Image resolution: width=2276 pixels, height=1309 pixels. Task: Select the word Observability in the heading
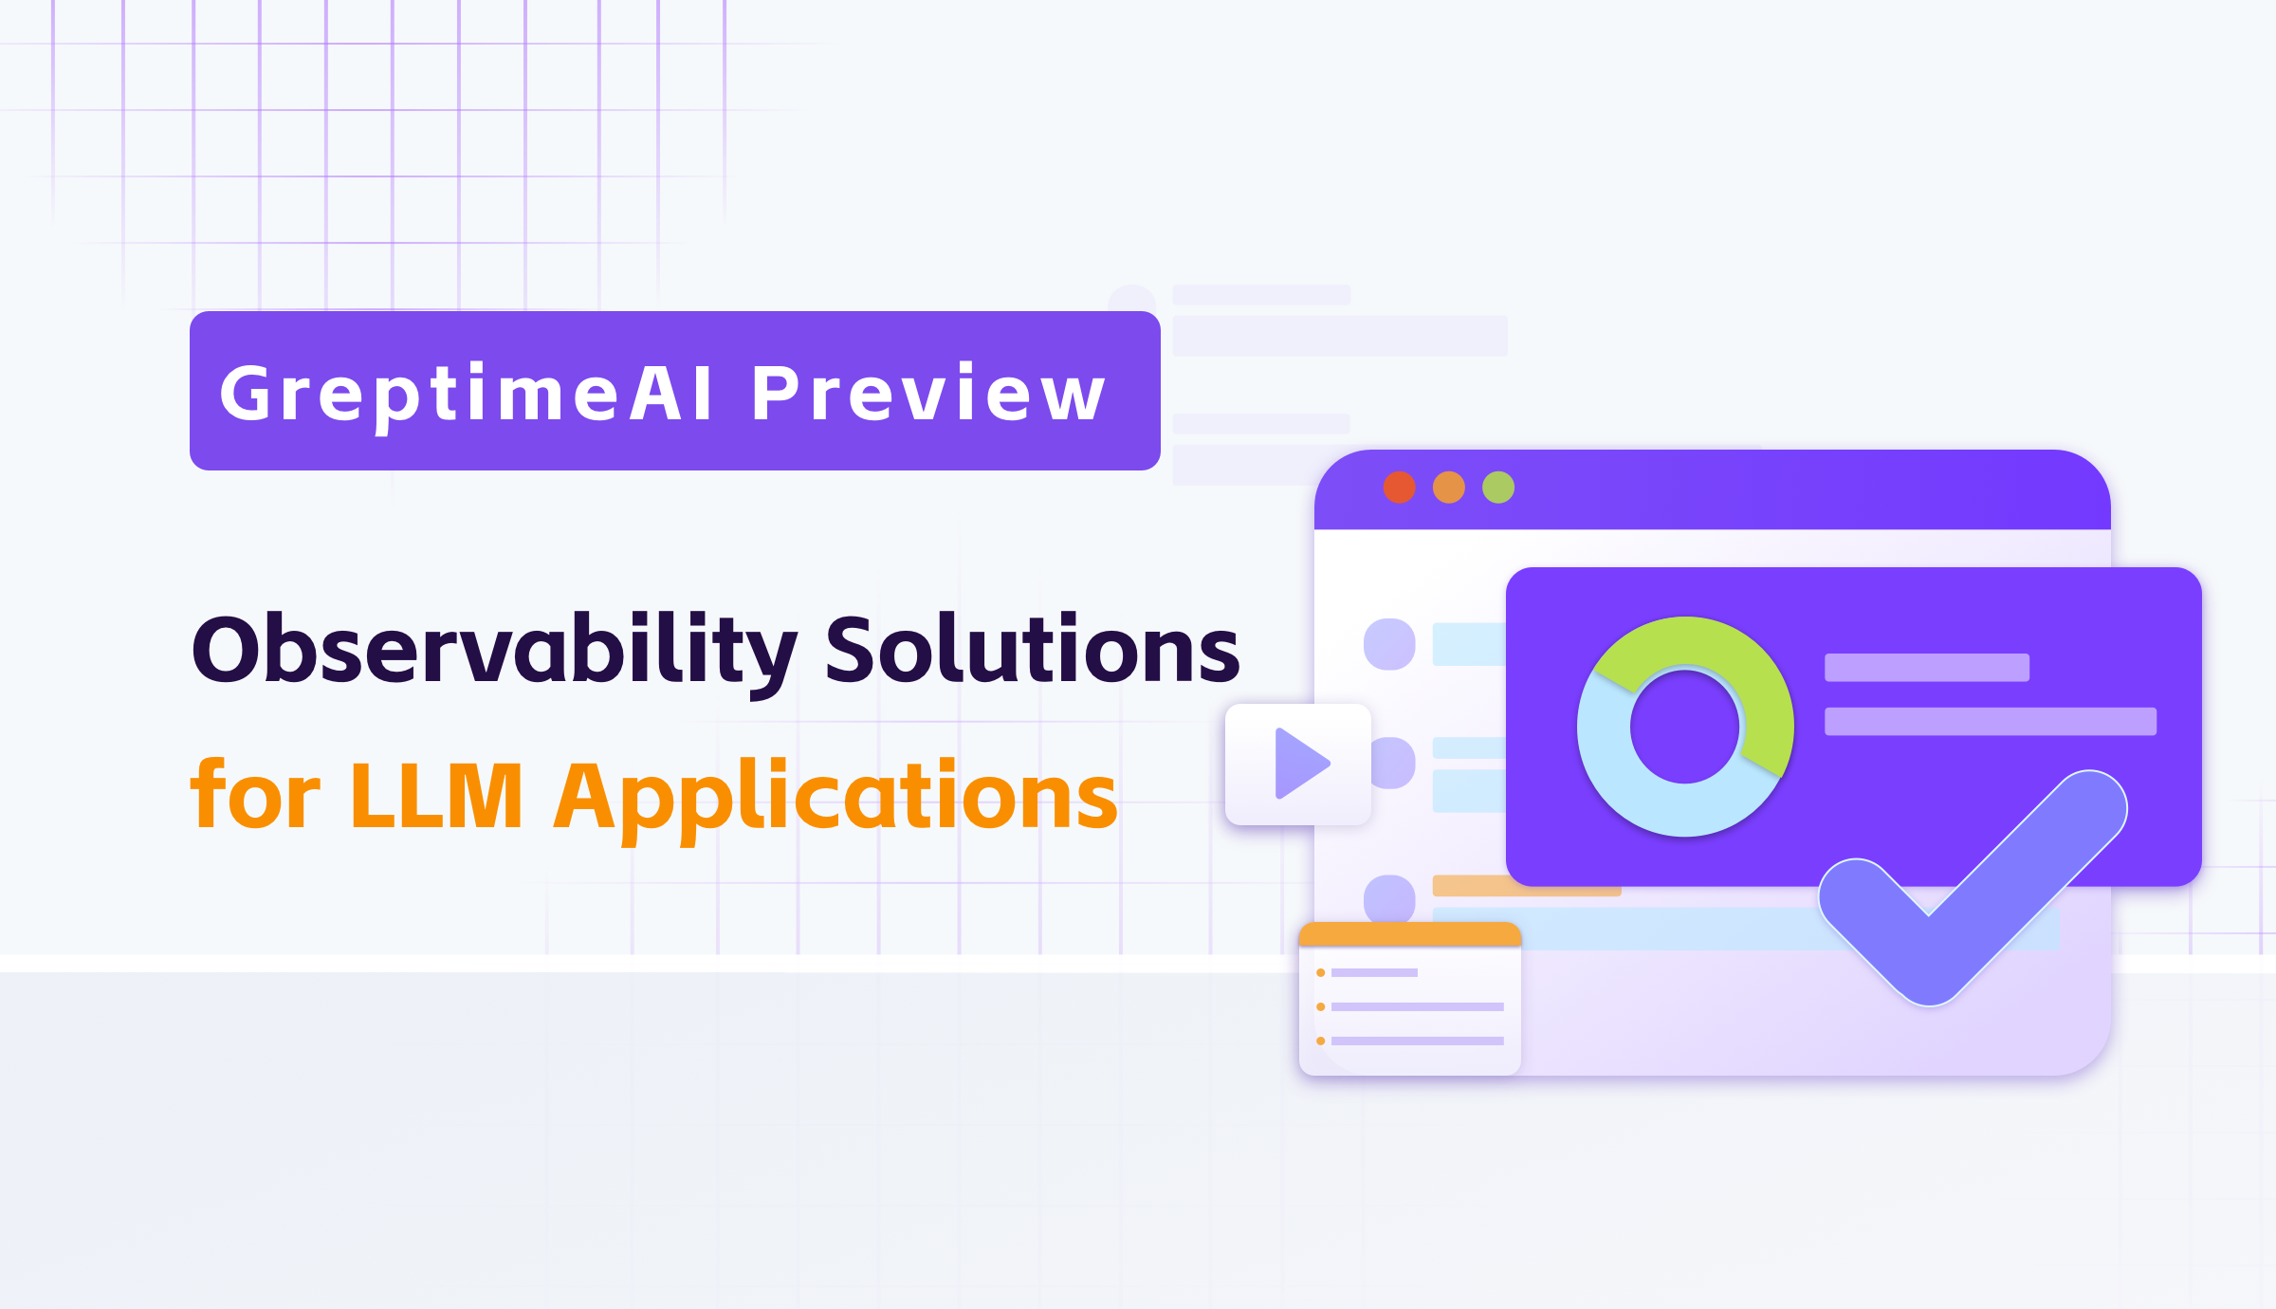(x=494, y=652)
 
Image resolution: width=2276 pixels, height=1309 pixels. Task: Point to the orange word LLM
(x=436, y=795)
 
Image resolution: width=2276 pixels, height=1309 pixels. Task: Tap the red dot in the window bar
(x=1400, y=488)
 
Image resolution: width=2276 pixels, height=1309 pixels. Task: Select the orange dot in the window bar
(x=1449, y=488)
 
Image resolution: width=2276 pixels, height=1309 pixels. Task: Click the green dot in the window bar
(x=1498, y=488)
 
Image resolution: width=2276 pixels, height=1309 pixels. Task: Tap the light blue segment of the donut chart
(x=1631, y=787)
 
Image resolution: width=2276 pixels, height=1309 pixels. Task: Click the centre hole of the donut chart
(x=1685, y=727)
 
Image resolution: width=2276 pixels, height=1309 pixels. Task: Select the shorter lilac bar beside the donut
(x=1927, y=668)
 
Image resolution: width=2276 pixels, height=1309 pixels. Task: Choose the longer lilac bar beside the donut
(x=1991, y=722)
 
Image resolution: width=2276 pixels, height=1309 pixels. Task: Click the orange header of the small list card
(x=1410, y=934)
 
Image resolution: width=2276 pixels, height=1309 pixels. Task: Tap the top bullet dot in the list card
(x=1320, y=972)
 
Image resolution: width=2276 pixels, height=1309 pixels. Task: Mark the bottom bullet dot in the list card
(x=1320, y=1041)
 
